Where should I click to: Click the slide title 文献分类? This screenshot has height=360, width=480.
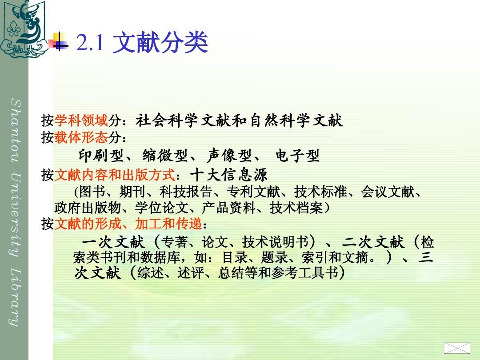[160, 42]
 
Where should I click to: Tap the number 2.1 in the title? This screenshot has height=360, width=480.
[90, 42]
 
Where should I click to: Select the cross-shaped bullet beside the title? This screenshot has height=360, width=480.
[58, 41]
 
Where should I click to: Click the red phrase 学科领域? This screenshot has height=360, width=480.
[81, 120]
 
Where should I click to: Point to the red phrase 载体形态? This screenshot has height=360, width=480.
[81, 137]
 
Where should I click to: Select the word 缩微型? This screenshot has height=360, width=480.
[165, 156]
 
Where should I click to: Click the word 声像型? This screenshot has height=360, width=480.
[229, 156]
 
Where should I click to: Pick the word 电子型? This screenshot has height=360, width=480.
[297, 156]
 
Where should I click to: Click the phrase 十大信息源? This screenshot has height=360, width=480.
[229, 175]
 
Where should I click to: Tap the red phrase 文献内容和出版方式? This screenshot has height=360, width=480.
[115, 175]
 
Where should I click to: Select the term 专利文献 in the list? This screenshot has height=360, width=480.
[253, 192]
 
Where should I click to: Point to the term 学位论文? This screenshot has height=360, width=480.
[162, 208]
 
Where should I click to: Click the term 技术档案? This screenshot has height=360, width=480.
[296, 208]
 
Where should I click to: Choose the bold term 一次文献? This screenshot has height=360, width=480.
[113, 242]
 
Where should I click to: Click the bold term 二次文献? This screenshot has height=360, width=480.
[373, 242]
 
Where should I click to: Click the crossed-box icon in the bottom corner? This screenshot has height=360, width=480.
[457, 348]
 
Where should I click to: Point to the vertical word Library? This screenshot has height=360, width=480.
[14, 296]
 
